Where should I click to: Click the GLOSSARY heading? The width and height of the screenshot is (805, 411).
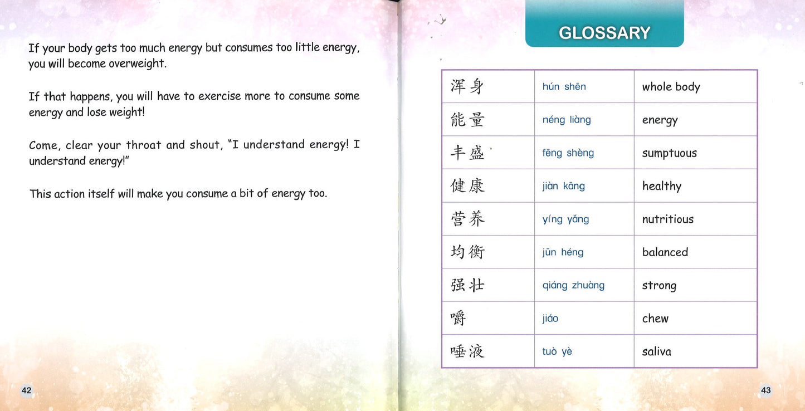(604, 33)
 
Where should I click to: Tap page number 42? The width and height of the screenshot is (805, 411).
(26, 390)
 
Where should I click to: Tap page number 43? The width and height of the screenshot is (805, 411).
(765, 390)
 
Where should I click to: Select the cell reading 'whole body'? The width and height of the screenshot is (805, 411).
(671, 87)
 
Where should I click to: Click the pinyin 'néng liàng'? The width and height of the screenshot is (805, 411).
(567, 120)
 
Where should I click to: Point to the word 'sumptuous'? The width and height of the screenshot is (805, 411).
(669, 153)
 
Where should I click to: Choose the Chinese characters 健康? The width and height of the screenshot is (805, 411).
(467, 185)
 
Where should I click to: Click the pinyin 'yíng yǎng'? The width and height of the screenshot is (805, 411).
(565, 219)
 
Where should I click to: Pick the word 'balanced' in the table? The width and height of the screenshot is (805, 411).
(665, 252)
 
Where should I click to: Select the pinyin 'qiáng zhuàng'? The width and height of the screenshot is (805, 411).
(573, 285)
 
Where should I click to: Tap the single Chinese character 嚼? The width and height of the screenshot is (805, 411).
(458, 318)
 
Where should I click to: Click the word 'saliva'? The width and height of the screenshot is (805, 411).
(656, 351)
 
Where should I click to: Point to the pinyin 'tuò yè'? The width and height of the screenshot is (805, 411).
(557, 351)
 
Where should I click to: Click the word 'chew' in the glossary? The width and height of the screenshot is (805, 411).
(655, 319)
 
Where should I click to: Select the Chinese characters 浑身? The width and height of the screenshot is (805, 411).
(467, 86)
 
